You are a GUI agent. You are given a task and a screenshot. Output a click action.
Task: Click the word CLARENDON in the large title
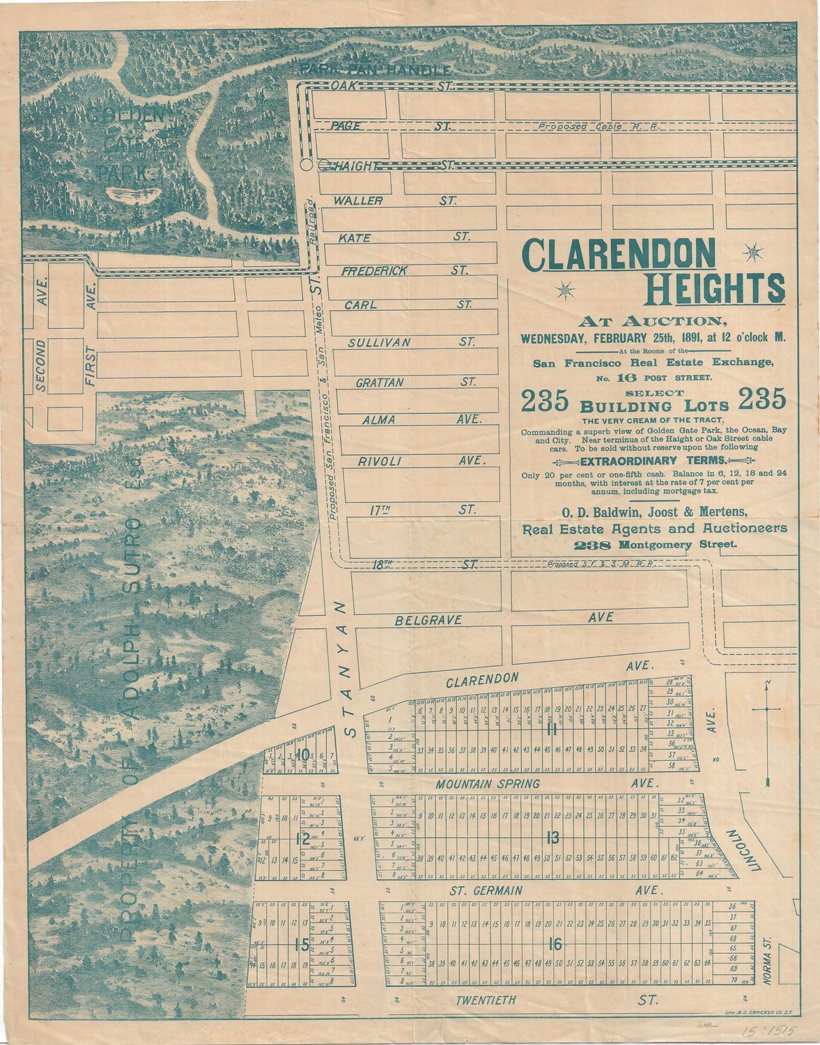(x=619, y=256)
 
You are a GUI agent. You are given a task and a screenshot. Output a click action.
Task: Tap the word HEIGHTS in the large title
(x=715, y=288)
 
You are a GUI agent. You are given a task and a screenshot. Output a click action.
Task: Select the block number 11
(x=552, y=729)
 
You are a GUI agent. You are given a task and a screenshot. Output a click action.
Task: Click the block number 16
(x=555, y=945)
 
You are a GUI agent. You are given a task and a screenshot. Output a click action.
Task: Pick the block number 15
(x=301, y=945)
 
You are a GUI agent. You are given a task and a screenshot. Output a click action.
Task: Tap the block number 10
(x=302, y=754)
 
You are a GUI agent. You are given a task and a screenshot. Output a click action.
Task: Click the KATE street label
(x=355, y=238)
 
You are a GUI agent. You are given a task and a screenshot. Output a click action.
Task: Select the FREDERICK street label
(x=373, y=271)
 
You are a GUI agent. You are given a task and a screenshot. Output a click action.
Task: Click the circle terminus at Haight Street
(x=306, y=165)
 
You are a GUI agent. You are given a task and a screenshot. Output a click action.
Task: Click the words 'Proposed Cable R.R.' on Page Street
(x=598, y=127)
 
